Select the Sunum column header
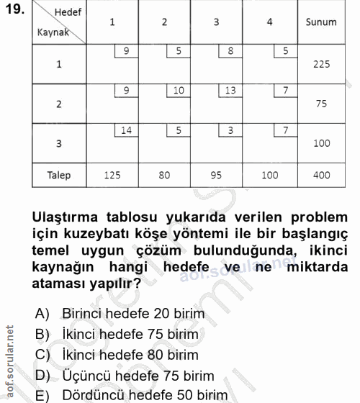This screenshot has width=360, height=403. coord(321,22)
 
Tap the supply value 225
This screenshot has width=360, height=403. coord(321,65)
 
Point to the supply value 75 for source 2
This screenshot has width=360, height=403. coord(321,104)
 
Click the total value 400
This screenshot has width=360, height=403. coord(321,175)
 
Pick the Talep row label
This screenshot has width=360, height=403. coord(59,175)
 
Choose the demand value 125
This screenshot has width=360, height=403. coord(112,175)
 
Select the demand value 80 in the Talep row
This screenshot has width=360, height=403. coord(164,175)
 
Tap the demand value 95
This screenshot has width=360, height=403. coord(217,175)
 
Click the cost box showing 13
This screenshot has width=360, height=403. coord(230,91)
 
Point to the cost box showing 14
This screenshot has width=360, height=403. coord(126,130)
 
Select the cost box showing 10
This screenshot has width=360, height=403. coord(179,91)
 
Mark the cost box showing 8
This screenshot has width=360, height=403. coord(230,51)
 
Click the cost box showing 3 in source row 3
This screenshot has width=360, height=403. coord(230,130)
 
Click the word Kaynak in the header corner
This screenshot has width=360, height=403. coord(53,32)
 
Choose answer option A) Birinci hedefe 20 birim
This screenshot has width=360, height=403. coord(123,314)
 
